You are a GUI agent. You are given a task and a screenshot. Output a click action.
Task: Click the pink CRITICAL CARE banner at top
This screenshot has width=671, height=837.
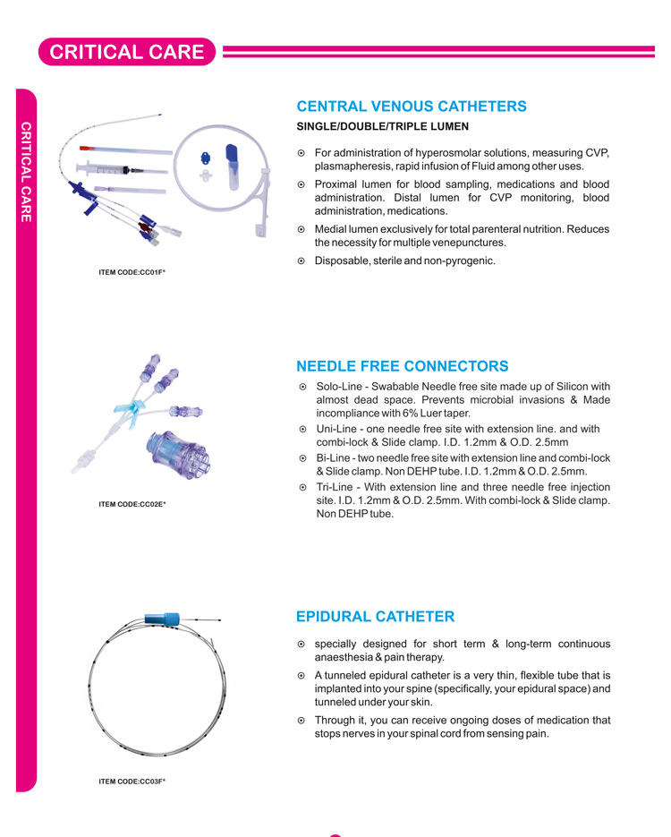pos(126,52)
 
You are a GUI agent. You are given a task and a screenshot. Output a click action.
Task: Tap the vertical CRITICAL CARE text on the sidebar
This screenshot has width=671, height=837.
pos(27,171)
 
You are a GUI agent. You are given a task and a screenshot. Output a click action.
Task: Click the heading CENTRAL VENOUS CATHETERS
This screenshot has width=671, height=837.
pos(412,107)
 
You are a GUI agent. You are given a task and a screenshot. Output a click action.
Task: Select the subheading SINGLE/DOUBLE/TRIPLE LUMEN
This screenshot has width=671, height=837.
pos(382,127)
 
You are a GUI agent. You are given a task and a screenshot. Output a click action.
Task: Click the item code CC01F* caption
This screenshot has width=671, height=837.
pos(132,271)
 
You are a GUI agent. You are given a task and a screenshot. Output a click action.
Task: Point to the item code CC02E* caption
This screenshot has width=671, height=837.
pos(132,504)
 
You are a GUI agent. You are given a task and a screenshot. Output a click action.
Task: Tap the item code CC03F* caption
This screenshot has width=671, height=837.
pos(132,781)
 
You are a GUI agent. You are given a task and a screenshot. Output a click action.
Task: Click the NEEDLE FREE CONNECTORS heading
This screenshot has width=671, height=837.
pos(402,366)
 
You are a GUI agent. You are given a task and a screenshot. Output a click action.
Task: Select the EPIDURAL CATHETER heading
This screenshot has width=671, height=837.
pos(375,617)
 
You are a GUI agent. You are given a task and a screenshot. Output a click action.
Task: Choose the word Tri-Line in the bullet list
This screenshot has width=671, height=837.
pos(337,487)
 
